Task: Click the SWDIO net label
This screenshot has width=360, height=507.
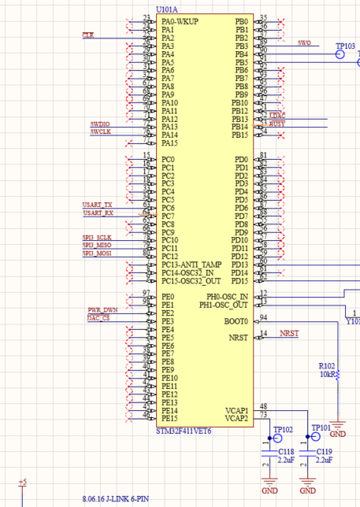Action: click(x=100, y=124)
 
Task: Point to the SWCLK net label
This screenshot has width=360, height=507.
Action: click(x=101, y=132)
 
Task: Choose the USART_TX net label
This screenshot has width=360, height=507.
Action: click(x=98, y=205)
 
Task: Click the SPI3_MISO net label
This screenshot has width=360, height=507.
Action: click(x=98, y=245)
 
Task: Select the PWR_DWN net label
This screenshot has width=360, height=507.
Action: click(x=102, y=310)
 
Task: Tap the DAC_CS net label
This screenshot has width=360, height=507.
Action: click(x=98, y=318)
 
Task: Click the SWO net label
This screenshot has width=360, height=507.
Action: click(x=305, y=43)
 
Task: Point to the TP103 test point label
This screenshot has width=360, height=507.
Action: click(x=345, y=46)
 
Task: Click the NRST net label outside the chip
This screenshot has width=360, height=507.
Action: click(x=289, y=334)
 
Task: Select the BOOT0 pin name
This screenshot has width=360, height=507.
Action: click(x=236, y=322)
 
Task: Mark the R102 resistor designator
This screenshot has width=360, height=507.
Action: click(x=326, y=366)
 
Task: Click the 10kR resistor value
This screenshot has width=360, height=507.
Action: click(x=326, y=375)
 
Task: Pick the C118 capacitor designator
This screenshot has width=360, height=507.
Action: click(x=287, y=451)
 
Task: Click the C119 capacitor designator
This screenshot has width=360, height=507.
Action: click(x=324, y=451)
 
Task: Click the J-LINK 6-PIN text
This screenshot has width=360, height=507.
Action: click(x=115, y=499)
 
